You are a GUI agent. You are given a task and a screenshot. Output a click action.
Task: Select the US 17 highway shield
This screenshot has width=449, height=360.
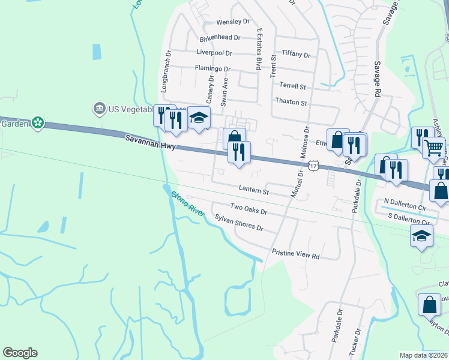pos(313,165)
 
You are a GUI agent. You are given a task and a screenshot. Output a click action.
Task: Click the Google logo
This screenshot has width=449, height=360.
pos(20,353)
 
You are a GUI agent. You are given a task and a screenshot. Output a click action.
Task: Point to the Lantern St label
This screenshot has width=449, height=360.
pos(253,190)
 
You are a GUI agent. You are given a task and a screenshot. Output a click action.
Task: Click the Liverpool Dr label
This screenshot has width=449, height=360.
pos(218,53)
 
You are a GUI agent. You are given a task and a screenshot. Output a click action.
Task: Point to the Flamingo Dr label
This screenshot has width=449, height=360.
pos(212,68)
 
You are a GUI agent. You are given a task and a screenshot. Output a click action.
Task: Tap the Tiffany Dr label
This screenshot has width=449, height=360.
pos(295,55)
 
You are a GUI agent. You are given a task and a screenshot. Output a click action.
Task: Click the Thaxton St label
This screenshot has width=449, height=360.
pos(291,103)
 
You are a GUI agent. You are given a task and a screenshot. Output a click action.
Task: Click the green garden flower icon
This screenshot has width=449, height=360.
pos(38,122)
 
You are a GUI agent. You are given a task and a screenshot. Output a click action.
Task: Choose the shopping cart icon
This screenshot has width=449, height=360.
pos(433,147)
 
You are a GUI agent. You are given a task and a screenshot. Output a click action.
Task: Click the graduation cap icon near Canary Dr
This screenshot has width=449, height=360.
pos(199,117)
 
